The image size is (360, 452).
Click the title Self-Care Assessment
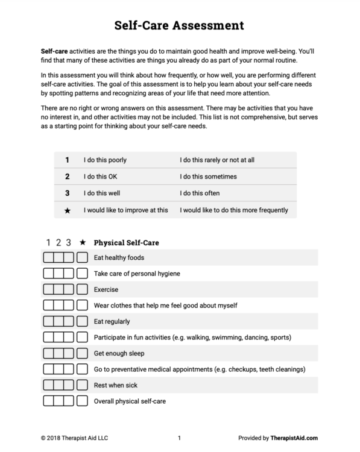pos(179,25)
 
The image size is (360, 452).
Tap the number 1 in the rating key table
pos(67,160)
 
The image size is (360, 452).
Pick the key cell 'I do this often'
pos(200,193)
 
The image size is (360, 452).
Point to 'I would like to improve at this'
pos(126,210)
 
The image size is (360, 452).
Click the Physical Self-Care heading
pos(126,243)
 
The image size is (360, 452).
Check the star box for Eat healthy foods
pos(82,258)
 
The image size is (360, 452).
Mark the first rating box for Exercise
pos(49,290)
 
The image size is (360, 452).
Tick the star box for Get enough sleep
pos(82,353)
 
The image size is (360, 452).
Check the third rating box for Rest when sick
pos(69,385)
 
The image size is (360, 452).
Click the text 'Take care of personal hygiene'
pos(137,274)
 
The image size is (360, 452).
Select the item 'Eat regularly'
pos(112,321)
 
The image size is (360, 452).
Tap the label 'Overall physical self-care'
pos(130,401)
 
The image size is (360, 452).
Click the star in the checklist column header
pos(83,243)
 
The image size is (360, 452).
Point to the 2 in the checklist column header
pos(58,243)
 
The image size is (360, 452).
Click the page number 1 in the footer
pos(179,439)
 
